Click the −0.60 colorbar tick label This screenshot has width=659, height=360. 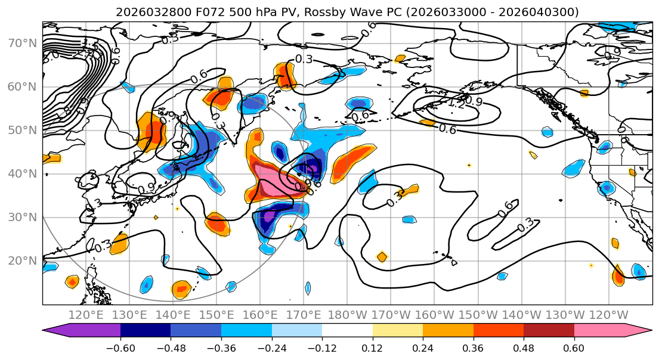120,347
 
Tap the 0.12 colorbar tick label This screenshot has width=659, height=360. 373,347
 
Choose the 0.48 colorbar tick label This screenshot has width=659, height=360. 524,347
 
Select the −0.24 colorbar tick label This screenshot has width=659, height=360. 271,347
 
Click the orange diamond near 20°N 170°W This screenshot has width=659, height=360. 382,257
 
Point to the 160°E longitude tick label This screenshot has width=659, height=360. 261,315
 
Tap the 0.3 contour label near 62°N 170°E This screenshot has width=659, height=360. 304,59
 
